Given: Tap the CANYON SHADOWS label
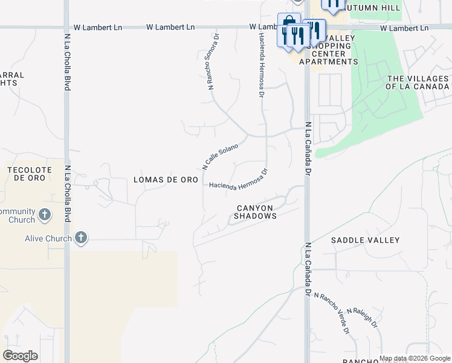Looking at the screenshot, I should (256, 212).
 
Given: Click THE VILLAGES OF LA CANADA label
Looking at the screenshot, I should (418, 83).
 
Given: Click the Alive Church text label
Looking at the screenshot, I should (48, 238).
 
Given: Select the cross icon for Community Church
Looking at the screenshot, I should (44, 214).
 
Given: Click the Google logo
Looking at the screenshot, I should (20, 356).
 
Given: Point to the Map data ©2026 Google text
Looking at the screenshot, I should (415, 358).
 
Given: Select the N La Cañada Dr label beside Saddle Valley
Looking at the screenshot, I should (308, 270).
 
